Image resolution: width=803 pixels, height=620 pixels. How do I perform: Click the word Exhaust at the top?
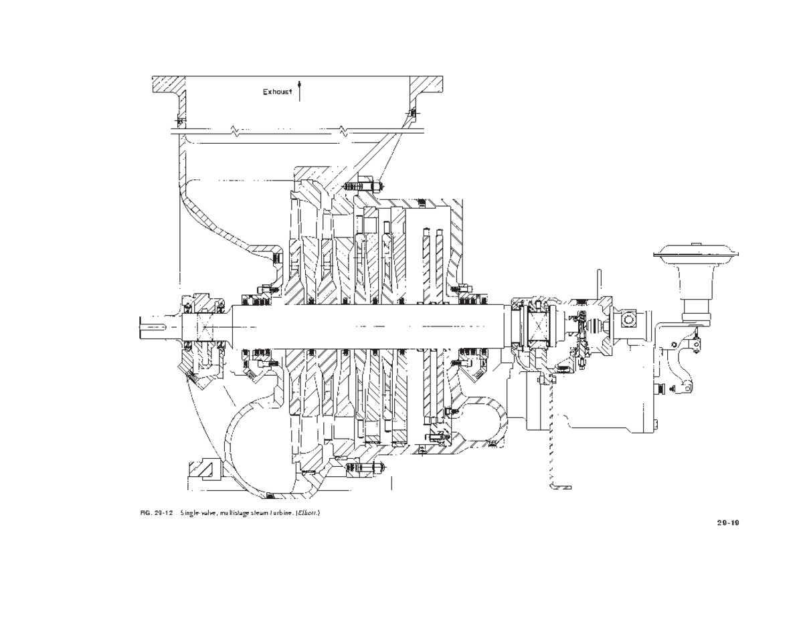pos(277,92)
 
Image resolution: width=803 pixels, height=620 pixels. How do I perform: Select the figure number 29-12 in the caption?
pos(164,512)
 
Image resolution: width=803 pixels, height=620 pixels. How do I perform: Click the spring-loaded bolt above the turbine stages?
pos(361,183)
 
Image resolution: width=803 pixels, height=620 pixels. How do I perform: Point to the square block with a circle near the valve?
pos(628,320)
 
